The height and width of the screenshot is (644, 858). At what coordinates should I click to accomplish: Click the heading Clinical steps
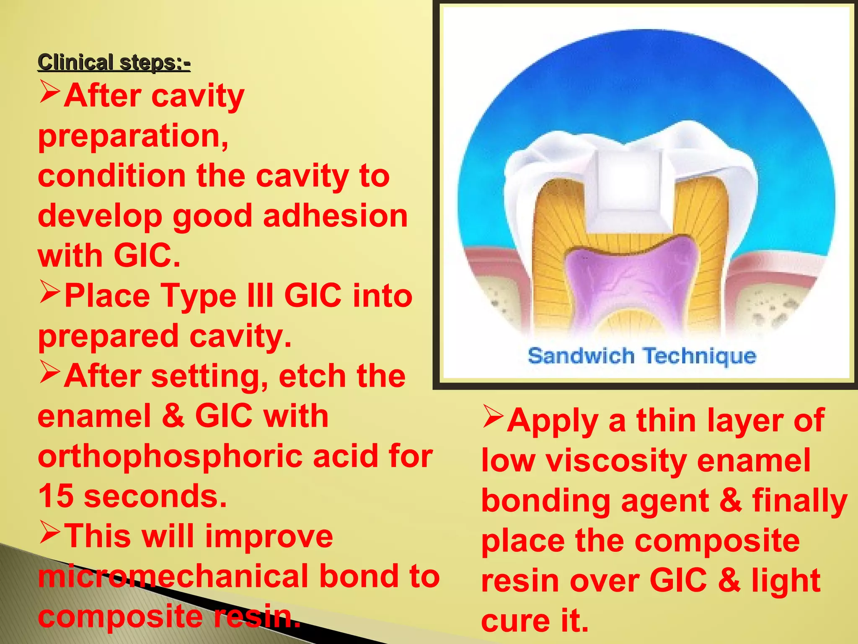pos(114,62)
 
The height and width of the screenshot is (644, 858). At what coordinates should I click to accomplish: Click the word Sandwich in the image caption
pos(581,356)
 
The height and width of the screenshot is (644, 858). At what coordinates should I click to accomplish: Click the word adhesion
pos(335,216)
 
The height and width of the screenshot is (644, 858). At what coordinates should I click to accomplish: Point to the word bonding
pos(545,501)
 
